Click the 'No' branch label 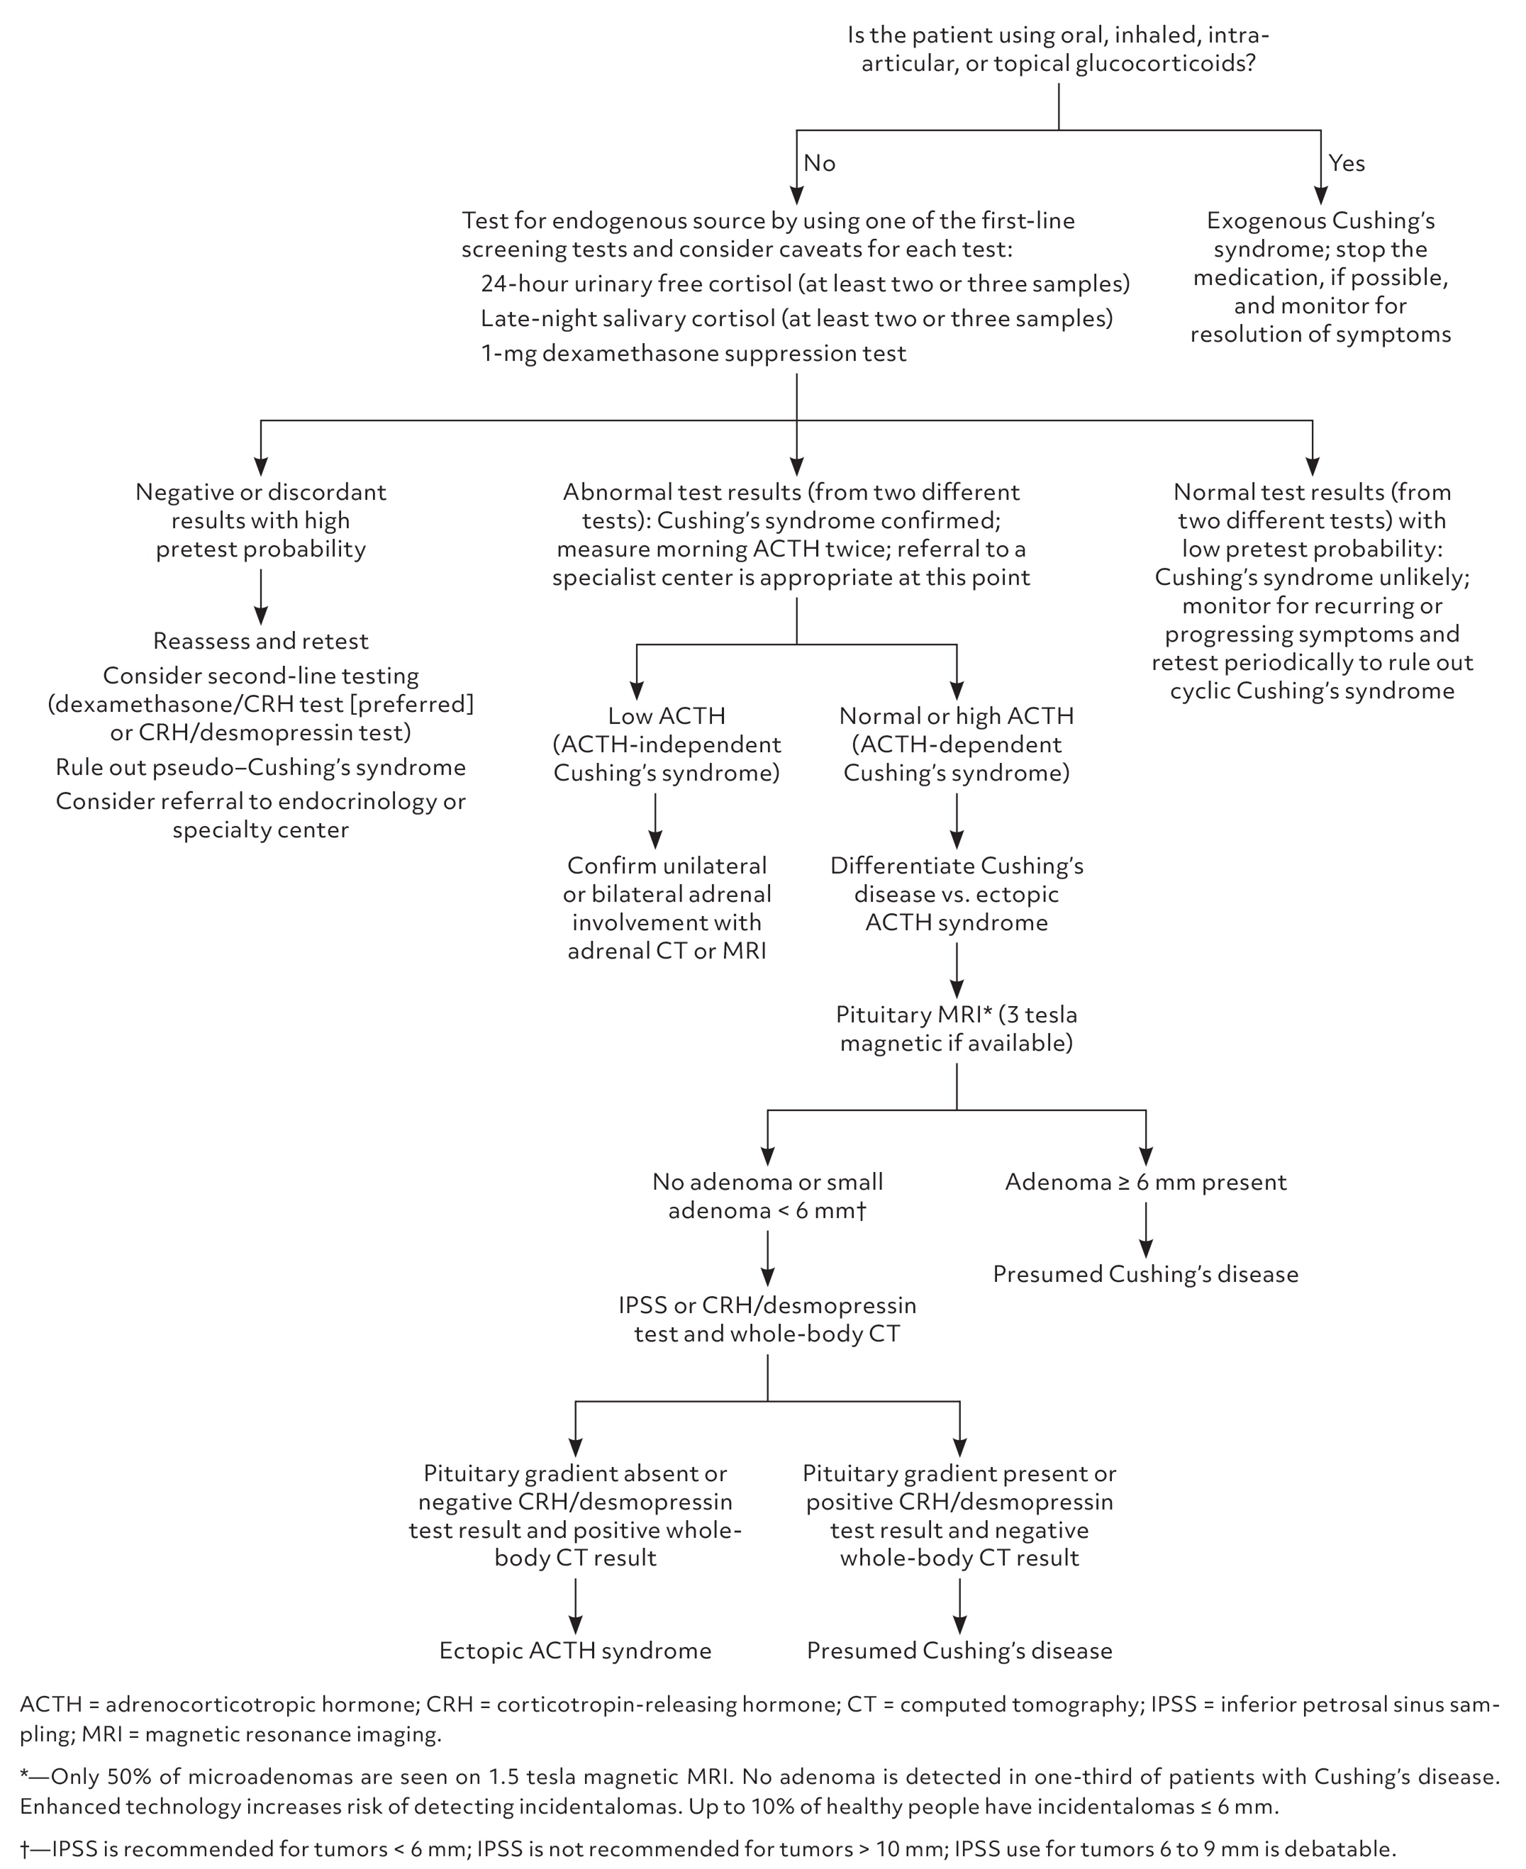pyautogui.click(x=818, y=164)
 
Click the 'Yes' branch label pyautogui.click(x=1346, y=164)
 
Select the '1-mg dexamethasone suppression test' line pyautogui.click(x=693, y=353)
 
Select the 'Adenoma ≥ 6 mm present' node pyautogui.click(x=1144, y=1182)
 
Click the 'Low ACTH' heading pyautogui.click(x=667, y=716)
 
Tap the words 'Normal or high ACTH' pyautogui.click(x=957, y=716)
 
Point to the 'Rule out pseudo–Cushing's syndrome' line pyautogui.click(x=260, y=768)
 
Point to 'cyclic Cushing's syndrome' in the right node pyautogui.click(x=1312, y=691)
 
